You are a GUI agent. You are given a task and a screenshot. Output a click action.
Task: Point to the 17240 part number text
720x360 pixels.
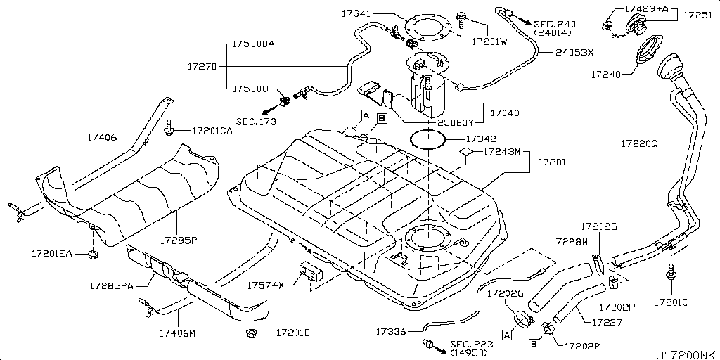tap(606, 72)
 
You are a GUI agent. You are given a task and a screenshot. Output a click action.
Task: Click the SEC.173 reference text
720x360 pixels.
tap(256, 122)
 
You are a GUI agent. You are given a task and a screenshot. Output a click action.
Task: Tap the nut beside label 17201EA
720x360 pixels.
tap(93, 253)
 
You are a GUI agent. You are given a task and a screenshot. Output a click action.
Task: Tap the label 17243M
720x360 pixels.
tap(502, 151)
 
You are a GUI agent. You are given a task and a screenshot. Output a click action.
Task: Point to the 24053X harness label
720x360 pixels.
tap(574, 52)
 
